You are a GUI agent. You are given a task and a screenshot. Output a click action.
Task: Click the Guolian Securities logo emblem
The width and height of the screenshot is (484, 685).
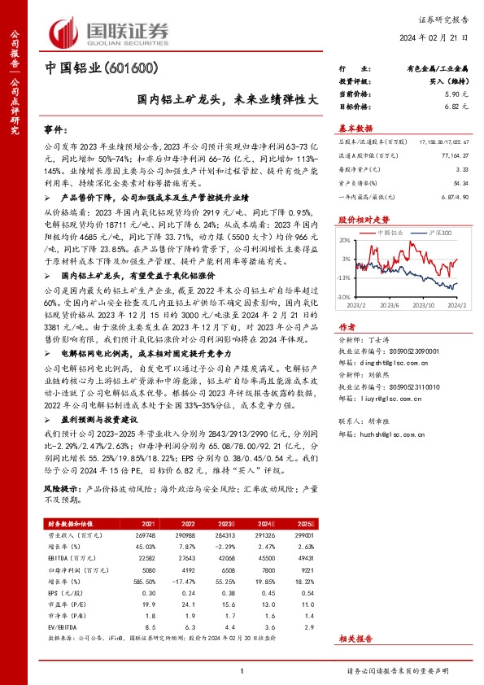63,29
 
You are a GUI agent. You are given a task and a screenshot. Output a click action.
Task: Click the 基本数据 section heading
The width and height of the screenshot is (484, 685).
355,128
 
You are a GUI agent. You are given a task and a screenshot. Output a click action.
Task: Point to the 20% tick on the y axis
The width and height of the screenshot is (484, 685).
345,241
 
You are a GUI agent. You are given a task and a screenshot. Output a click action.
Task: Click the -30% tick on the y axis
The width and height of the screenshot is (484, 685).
344,298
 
